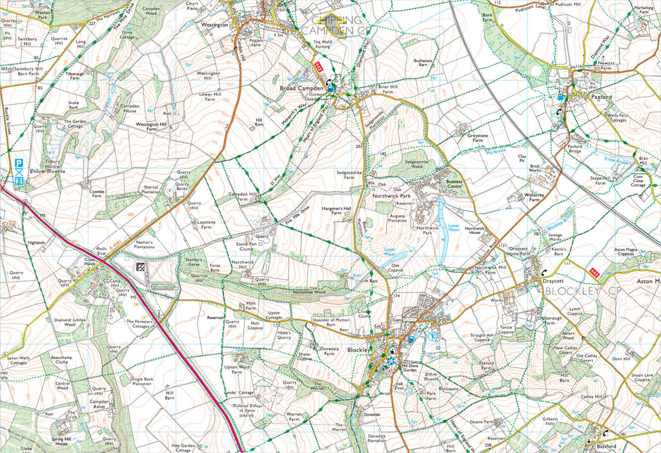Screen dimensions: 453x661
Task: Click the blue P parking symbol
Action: click(19, 164)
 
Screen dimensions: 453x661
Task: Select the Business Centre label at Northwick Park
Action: click(454, 185)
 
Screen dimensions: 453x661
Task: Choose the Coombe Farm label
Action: click(97, 194)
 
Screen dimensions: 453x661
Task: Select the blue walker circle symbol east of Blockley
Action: click(433, 336)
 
